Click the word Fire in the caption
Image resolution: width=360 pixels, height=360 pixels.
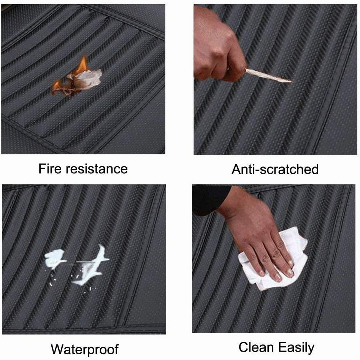point(50,169)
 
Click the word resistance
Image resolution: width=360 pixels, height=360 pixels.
point(97,169)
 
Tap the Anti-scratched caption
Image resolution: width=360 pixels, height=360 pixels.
point(275,169)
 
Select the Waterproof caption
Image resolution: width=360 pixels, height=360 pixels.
point(85,349)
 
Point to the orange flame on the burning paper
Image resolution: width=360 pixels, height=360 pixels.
point(83,64)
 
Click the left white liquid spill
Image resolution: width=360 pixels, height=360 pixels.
point(55,259)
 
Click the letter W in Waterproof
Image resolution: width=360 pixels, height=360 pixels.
point(58,349)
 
